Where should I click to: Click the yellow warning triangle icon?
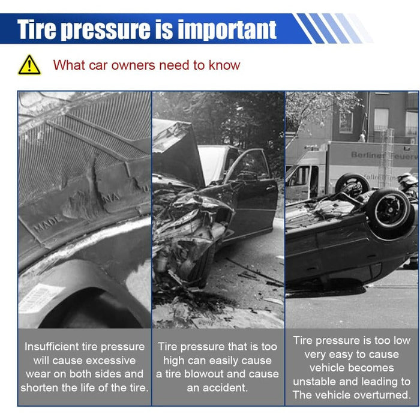[29, 65]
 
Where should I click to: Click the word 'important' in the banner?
[227, 30]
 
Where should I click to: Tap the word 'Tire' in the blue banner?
[37, 29]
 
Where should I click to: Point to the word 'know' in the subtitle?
[224, 65]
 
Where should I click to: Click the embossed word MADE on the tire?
[47, 224]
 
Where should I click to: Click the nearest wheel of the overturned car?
[389, 209]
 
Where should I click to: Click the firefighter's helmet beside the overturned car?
[406, 178]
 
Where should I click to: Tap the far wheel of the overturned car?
[352, 185]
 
